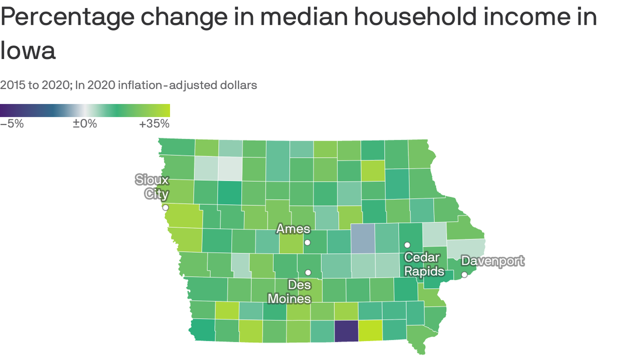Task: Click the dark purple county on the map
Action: click(346, 331)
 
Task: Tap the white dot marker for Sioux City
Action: click(165, 207)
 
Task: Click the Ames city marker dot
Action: click(307, 242)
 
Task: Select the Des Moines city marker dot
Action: click(308, 272)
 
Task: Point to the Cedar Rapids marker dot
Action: click(407, 245)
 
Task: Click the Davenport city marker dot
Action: click(464, 275)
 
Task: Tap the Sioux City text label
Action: click(152, 187)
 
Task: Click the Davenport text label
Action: click(492, 261)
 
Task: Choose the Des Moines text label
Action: click(290, 291)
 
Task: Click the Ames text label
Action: click(293, 229)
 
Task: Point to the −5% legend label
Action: click(12, 124)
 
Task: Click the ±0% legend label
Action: click(84, 124)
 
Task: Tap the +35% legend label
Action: click(154, 124)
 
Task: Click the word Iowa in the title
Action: click(28, 51)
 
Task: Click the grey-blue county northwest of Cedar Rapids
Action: click(363, 238)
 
